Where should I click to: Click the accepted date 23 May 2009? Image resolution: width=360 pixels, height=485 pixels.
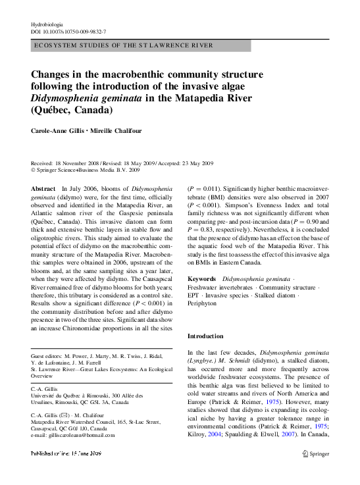[198, 163]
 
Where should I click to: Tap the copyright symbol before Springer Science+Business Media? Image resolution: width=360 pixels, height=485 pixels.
[33, 170]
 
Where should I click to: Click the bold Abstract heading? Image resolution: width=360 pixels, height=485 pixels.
[43, 189]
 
